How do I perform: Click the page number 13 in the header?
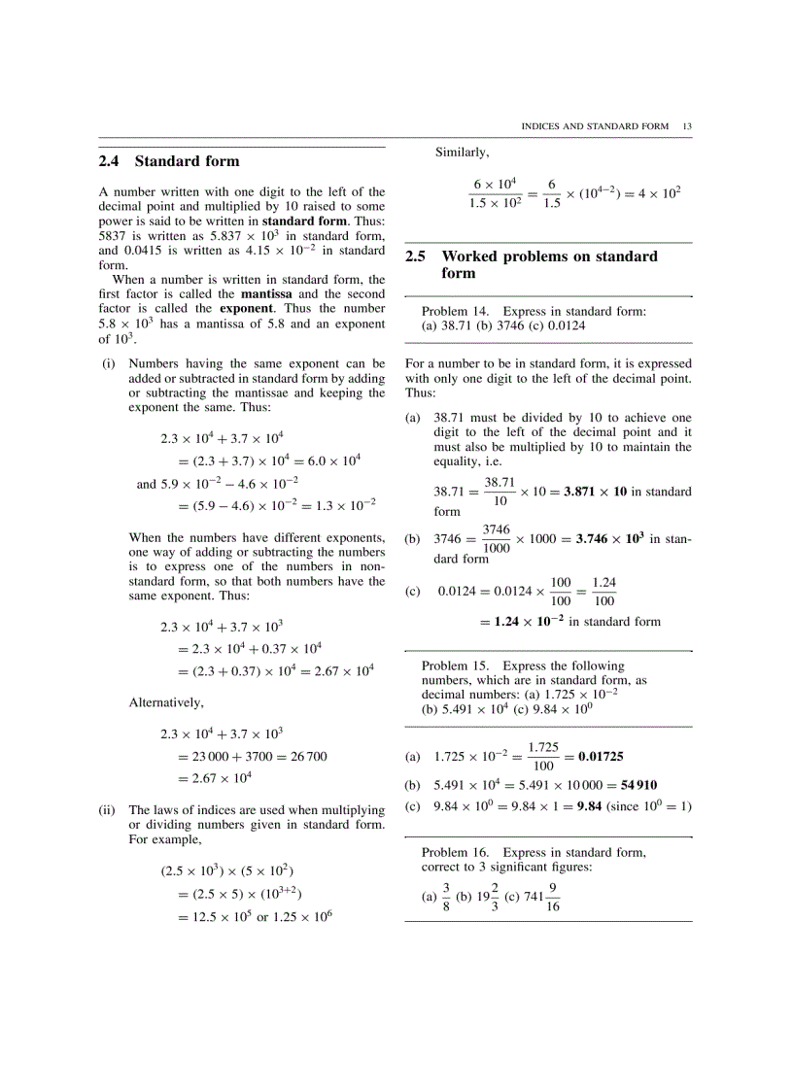pos(687,126)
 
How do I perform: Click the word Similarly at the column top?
pos(462,152)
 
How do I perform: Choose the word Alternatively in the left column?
pos(166,702)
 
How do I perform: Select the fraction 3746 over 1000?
pos(496,538)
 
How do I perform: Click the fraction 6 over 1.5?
pos(552,192)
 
